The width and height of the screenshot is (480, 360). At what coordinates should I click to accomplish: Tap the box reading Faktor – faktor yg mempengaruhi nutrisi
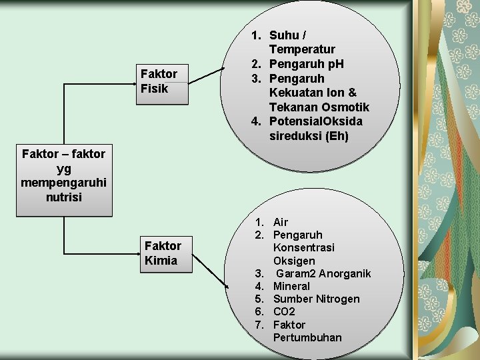[x=63, y=175]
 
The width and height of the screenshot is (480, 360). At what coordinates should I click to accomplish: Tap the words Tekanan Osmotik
[x=319, y=107]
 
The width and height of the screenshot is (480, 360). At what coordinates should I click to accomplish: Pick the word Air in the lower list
[x=281, y=222]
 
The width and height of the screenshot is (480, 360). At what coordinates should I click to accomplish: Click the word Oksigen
[x=294, y=261]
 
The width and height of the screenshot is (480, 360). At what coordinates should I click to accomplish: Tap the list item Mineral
[x=291, y=286]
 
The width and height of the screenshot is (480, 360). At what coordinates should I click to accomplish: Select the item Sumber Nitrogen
[x=316, y=299]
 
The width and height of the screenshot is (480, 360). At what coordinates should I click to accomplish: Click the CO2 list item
[x=284, y=311]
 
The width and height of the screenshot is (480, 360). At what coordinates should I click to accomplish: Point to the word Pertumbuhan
[x=307, y=337]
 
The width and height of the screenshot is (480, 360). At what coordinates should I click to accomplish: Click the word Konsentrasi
[x=303, y=247]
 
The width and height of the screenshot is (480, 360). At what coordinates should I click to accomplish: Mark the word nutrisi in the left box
[x=63, y=197]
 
